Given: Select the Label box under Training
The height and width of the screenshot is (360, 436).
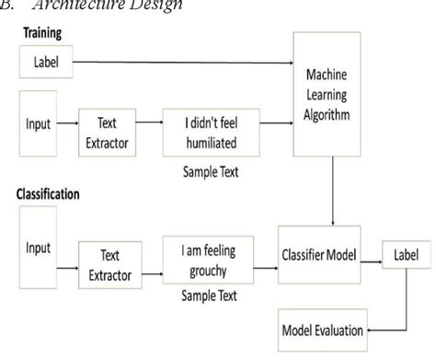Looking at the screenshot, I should [x=43, y=64].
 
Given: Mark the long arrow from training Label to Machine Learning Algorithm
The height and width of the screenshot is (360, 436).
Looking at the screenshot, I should [x=184, y=64].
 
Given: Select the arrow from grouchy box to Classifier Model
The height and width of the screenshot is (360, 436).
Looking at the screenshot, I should [x=269, y=251].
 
